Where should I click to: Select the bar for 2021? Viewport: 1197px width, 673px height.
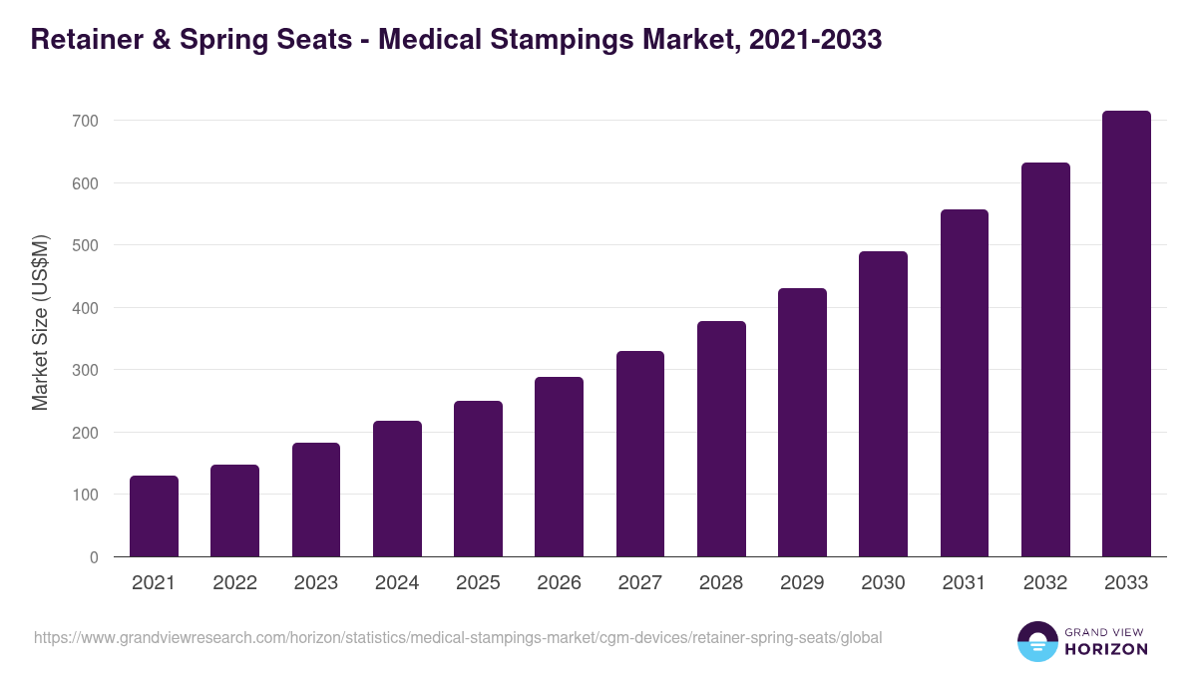pos(154,516)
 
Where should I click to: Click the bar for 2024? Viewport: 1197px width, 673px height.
pos(397,489)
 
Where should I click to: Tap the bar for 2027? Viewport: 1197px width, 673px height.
pos(640,454)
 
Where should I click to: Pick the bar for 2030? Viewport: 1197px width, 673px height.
pos(883,404)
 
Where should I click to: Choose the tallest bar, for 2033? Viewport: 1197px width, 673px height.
pos(1126,334)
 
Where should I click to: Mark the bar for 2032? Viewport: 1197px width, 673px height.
pos(1045,359)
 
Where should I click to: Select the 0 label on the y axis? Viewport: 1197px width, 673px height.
pos(94,557)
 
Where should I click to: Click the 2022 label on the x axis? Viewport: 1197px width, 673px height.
pos(234,583)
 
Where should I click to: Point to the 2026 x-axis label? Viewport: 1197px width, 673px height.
pos(559,583)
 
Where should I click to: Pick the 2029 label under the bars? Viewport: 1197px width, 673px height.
pos(802,583)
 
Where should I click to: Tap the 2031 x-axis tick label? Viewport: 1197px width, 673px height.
pos(964,583)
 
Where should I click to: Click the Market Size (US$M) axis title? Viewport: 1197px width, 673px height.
pos(41,322)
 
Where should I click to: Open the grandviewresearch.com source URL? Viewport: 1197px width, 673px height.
pos(458,637)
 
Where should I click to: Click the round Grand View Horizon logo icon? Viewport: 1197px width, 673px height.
pos(1036,641)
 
